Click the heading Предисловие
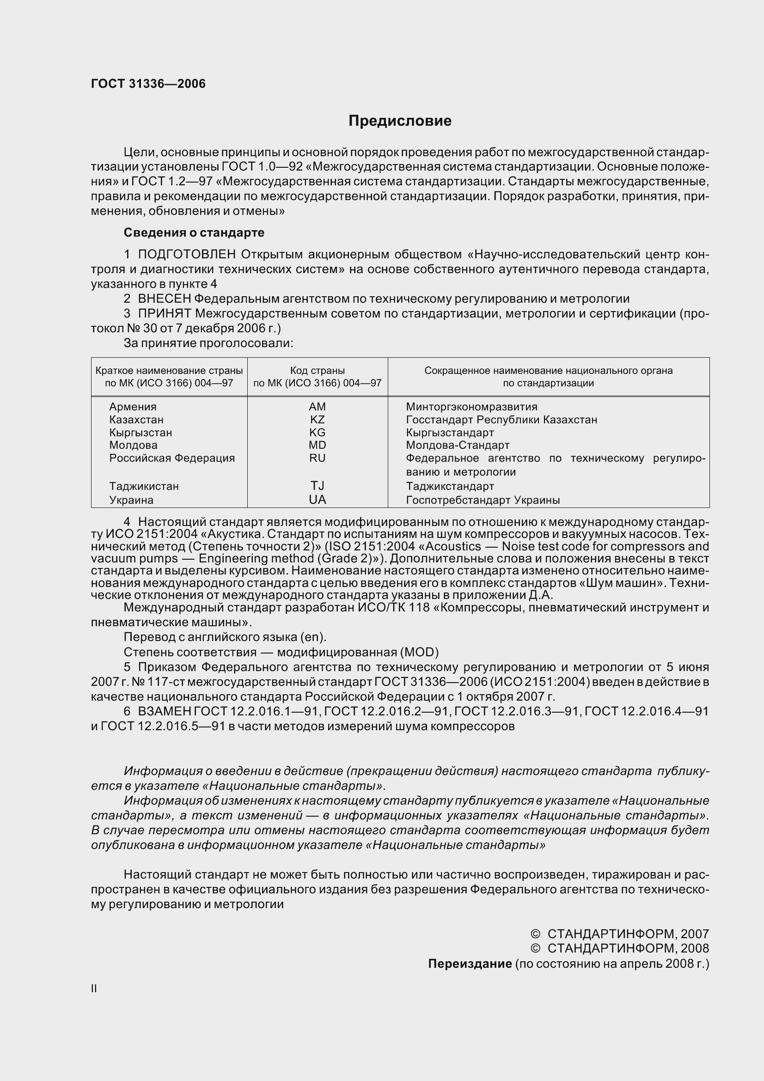pyautogui.click(x=400, y=121)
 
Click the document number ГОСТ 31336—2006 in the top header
pyautogui.click(x=148, y=84)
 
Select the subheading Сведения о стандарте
pyautogui.click(x=194, y=232)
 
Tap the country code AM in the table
pyautogui.click(x=317, y=406)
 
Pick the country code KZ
pyautogui.click(x=317, y=420)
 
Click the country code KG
pyautogui.click(x=317, y=432)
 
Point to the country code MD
pyautogui.click(x=317, y=445)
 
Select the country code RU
pyautogui.click(x=317, y=458)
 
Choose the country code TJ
pyautogui.click(x=317, y=486)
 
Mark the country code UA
pyautogui.click(x=317, y=500)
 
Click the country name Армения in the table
pyautogui.click(x=133, y=407)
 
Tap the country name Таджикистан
pyautogui.click(x=144, y=486)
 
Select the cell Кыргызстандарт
pyautogui.click(x=450, y=432)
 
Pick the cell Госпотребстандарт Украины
pyautogui.click(x=483, y=500)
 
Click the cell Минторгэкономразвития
pyautogui.click(x=471, y=407)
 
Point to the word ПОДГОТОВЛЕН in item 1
pyautogui.click(x=186, y=255)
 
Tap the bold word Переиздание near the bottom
pyautogui.click(x=469, y=964)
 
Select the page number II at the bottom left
pyautogui.click(x=94, y=989)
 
